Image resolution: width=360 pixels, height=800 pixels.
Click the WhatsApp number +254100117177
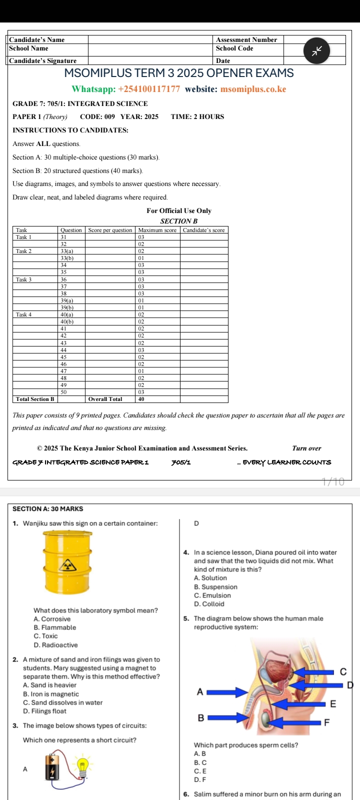click(148, 89)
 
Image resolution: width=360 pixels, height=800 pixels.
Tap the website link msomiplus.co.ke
click(253, 89)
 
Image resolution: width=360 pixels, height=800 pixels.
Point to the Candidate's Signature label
click(43, 60)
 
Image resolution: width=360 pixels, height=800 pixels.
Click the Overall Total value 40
click(141, 399)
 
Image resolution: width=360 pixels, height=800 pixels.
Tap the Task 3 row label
click(24, 279)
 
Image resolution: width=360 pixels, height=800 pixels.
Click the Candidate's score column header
click(203, 230)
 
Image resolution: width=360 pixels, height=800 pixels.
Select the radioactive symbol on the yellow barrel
click(67, 565)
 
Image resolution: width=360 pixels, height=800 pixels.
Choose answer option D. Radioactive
click(55, 645)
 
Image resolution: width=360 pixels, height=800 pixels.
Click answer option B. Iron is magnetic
click(50, 694)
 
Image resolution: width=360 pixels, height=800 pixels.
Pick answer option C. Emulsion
click(212, 595)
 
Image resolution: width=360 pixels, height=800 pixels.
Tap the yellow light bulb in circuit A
click(82, 764)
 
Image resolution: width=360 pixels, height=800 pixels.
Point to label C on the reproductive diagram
click(343, 671)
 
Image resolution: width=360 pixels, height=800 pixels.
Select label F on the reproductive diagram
click(327, 722)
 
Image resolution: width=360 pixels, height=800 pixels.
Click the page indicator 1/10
click(333, 482)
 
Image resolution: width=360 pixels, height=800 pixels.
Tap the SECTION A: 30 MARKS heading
click(47, 508)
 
